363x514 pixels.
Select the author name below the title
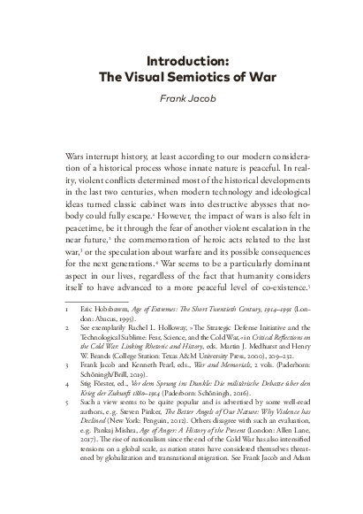181,99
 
